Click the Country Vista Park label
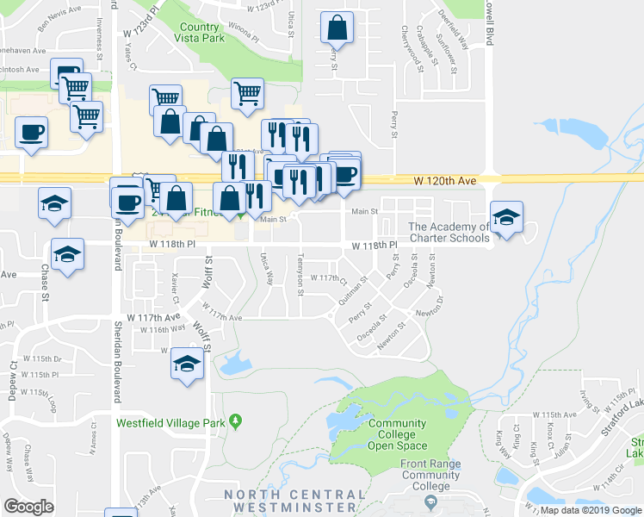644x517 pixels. [200, 34]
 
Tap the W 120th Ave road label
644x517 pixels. [444, 181]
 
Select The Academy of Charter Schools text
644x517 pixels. [449, 233]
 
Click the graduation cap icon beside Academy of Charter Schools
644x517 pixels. [506, 216]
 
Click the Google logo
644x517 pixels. [29, 507]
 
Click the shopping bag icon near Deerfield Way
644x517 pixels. [337, 28]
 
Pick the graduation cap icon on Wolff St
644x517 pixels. [186, 363]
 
